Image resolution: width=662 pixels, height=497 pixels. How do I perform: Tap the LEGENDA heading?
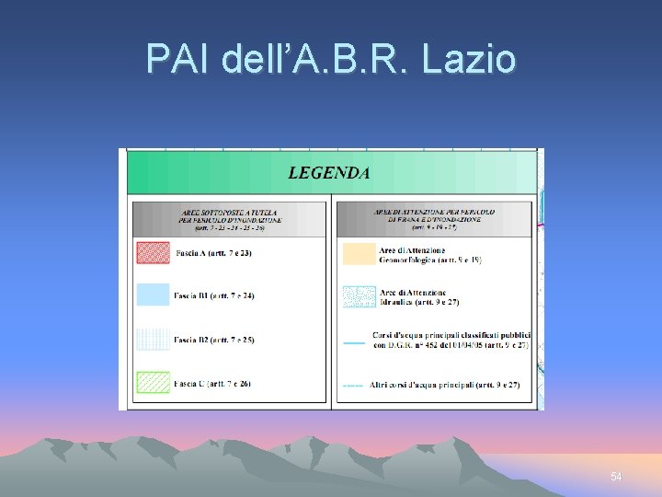click(329, 172)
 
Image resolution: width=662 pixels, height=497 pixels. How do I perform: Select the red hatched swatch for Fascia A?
click(153, 253)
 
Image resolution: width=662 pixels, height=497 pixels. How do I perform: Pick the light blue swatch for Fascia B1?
click(153, 295)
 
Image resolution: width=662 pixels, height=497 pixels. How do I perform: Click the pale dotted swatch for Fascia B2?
click(153, 340)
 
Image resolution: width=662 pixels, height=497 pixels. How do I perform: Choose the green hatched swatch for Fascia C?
click(153, 382)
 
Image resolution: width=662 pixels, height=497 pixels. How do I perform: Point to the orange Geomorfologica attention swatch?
click(359, 254)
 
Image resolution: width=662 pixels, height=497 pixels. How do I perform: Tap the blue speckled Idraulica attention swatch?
click(359, 296)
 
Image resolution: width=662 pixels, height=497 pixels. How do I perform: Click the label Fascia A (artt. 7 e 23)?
click(213, 253)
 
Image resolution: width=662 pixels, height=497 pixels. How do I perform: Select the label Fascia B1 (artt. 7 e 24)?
click(213, 296)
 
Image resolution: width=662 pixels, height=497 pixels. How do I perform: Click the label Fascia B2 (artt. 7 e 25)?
click(213, 340)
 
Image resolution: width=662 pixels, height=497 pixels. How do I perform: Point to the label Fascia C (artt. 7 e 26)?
click(212, 383)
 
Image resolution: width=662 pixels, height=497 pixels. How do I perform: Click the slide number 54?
click(616, 477)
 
